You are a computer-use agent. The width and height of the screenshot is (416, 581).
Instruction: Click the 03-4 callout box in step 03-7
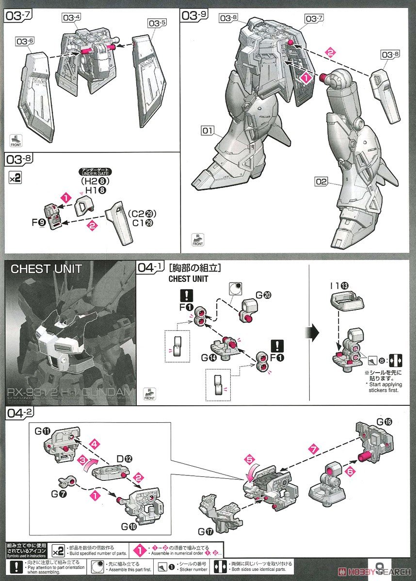pyautogui.click(x=71, y=18)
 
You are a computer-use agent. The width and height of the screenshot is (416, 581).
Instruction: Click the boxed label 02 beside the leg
pyautogui.click(x=320, y=182)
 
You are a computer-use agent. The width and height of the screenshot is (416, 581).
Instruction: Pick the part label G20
pyautogui.click(x=263, y=293)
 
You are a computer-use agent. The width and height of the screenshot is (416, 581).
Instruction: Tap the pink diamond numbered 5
pyautogui.click(x=249, y=458)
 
